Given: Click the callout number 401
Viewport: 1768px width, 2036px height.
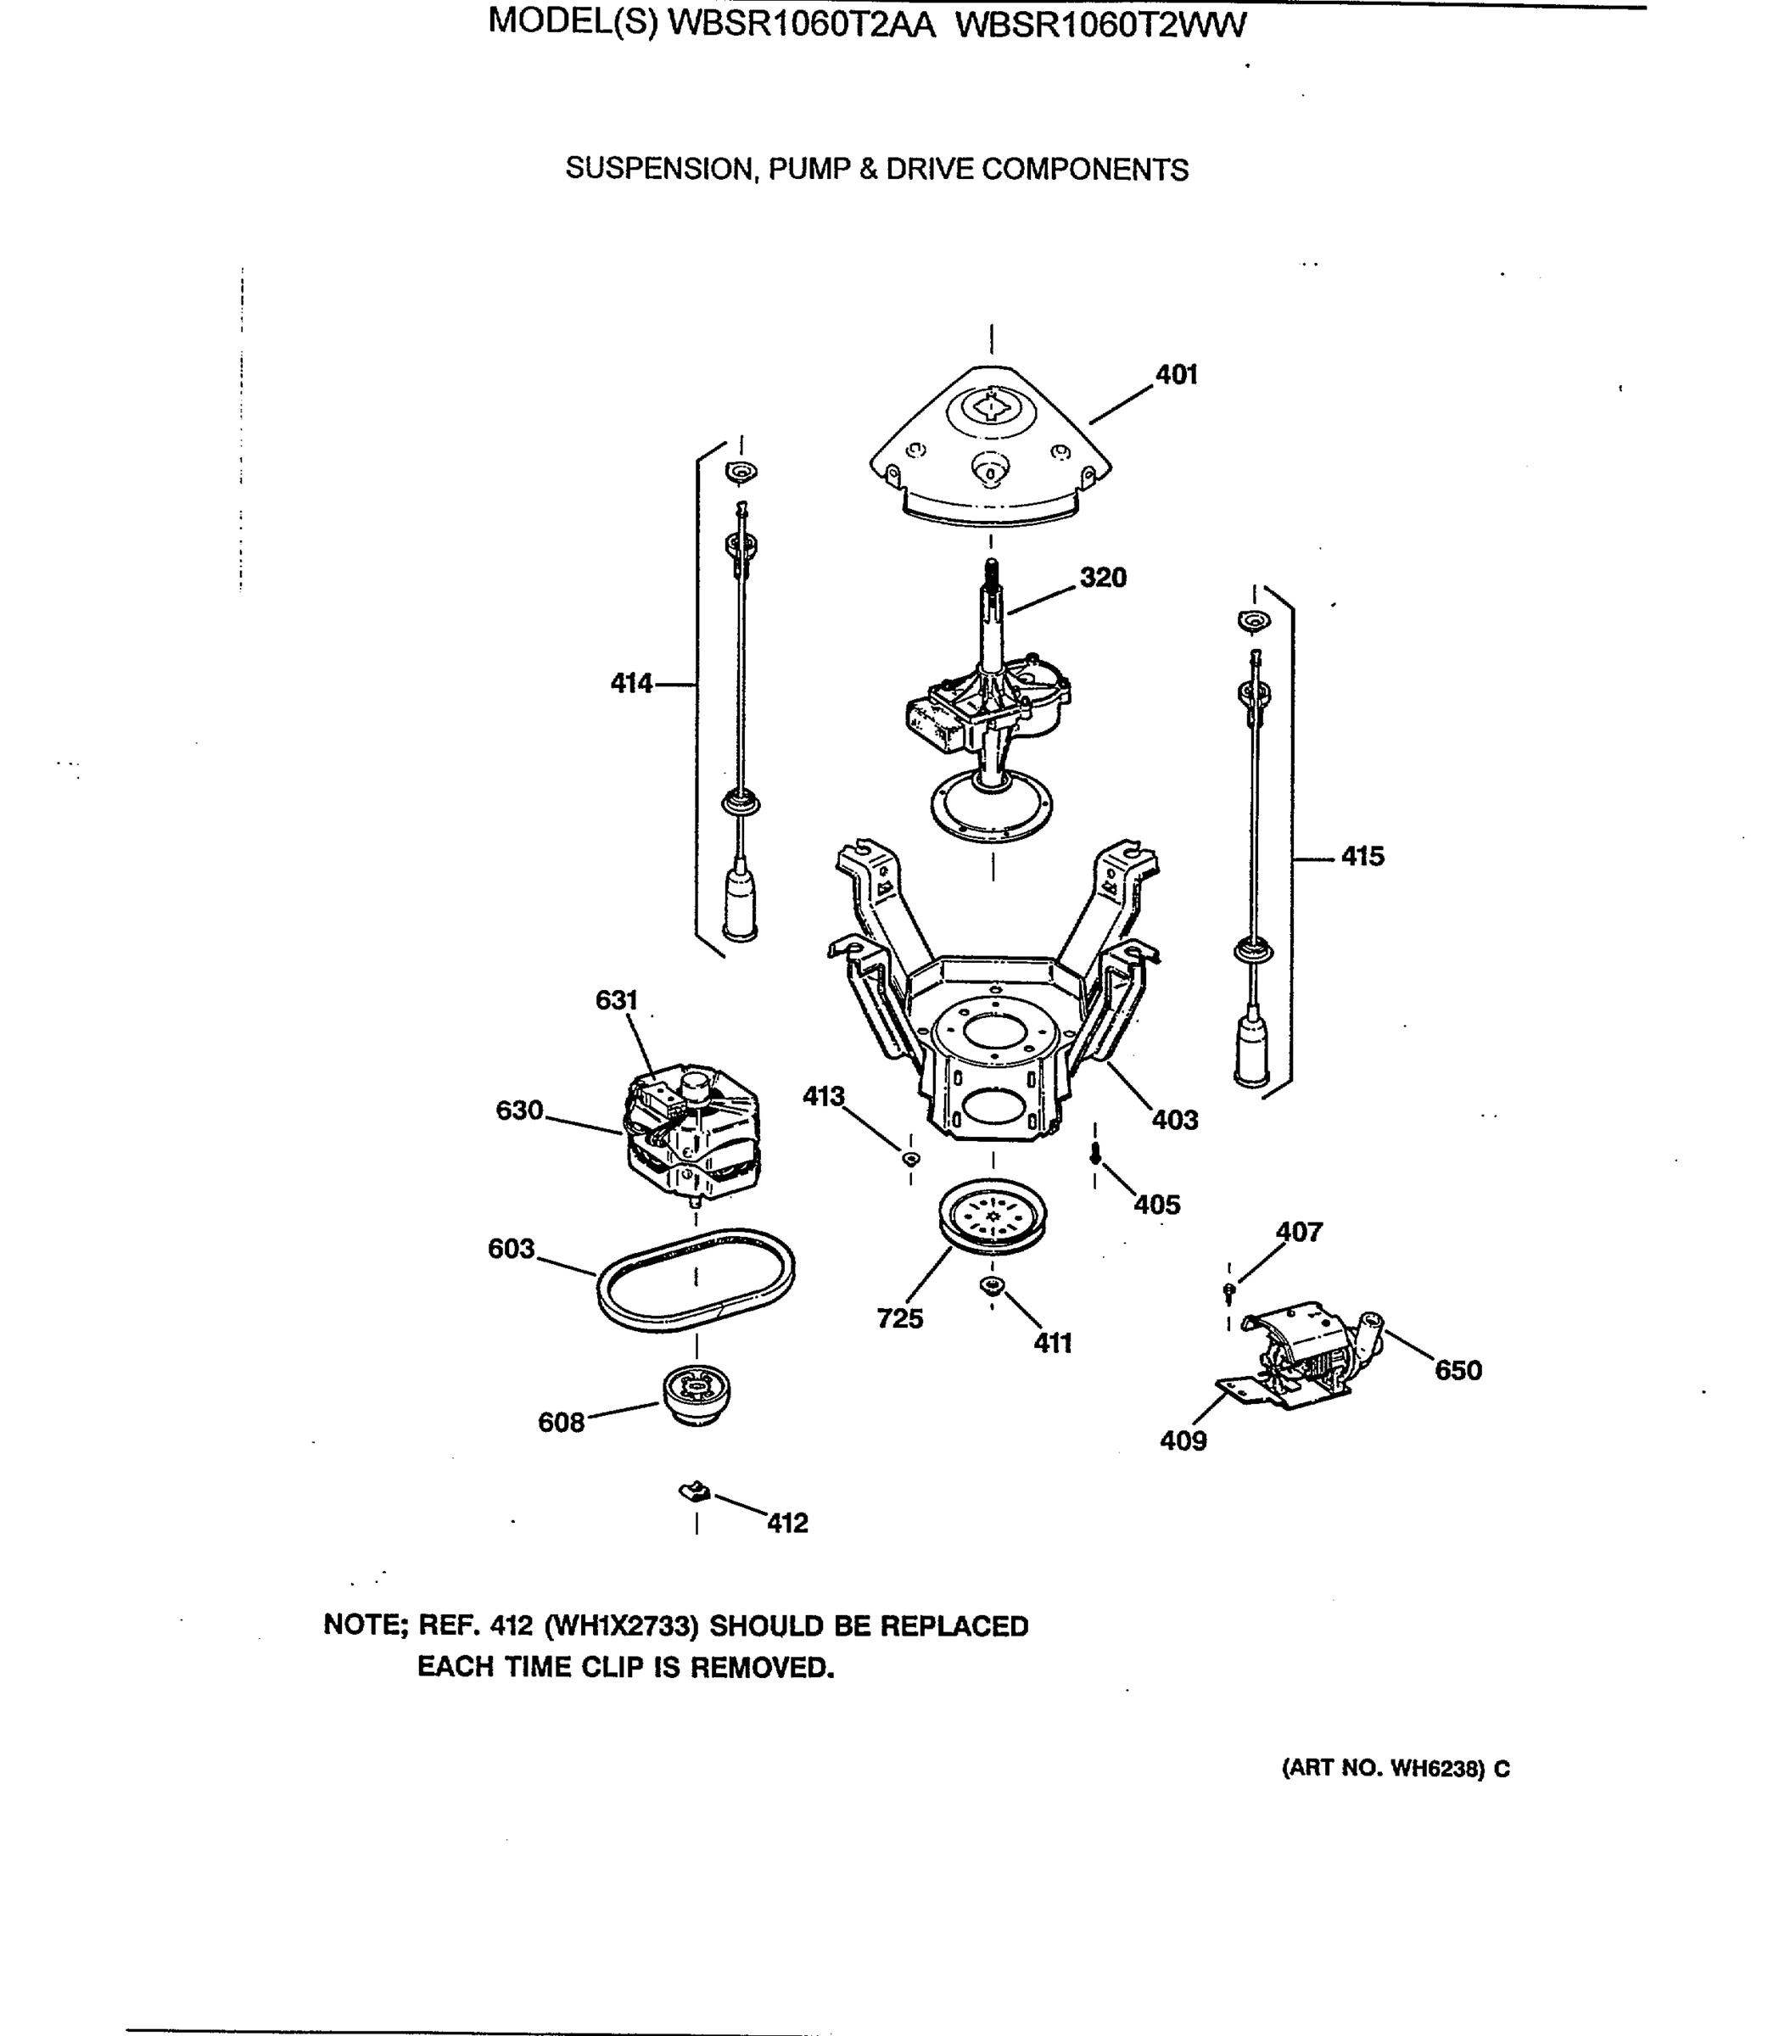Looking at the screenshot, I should coord(1176,375).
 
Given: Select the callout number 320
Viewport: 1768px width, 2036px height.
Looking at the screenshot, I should coord(1102,577).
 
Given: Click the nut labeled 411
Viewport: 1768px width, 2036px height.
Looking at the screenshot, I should coord(992,1284).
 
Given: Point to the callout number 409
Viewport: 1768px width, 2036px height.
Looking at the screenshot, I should coord(1183,1441).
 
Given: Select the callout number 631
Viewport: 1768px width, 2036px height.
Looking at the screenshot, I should coord(617,1000).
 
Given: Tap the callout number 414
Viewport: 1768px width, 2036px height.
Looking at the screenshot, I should coord(631,683).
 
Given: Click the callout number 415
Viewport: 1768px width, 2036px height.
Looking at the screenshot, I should coord(1362,856).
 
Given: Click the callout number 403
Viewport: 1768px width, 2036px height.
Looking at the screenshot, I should coord(1174,1120).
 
